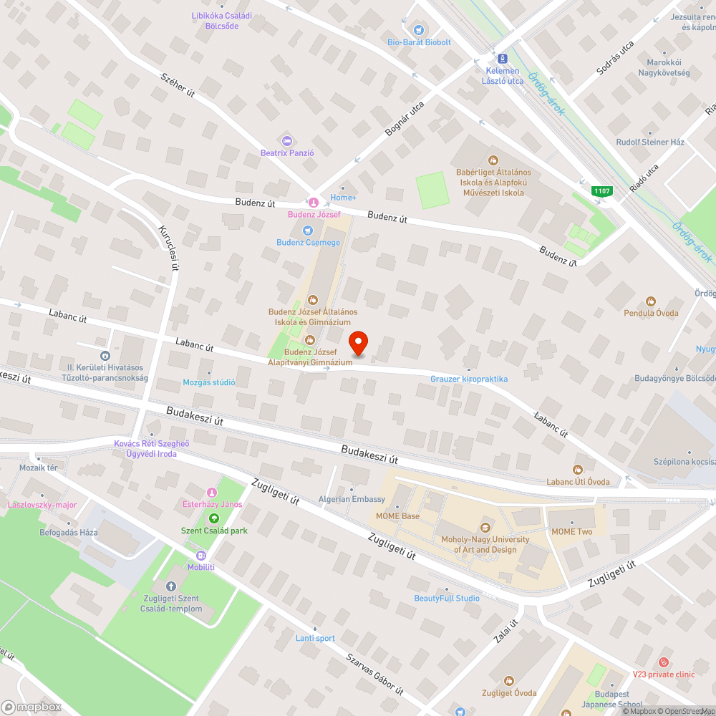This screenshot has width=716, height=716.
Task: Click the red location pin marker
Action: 358,344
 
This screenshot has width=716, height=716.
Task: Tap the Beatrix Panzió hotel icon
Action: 287,140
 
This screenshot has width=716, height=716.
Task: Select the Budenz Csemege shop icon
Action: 308,231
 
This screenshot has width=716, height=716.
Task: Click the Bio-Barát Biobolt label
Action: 420,42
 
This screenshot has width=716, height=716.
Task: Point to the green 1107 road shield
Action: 601,191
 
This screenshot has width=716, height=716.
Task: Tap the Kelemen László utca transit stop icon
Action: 502,58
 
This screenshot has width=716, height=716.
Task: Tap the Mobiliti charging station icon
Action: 200,556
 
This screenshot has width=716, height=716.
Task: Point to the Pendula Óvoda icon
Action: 650,301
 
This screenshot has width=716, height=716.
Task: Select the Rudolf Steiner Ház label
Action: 650,142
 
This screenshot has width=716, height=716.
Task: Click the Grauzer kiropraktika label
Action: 469,379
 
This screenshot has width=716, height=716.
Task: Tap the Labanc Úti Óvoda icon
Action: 578,470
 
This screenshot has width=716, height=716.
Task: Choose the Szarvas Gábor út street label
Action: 374,674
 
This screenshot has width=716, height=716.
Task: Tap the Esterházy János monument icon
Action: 211,492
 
